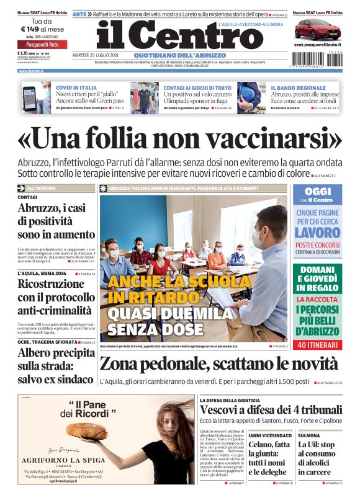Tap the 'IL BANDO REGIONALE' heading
298,88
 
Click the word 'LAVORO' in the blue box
317,233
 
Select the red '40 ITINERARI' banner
317,344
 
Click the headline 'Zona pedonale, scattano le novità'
220,364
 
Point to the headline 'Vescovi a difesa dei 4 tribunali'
271,410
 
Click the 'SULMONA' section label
308,436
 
